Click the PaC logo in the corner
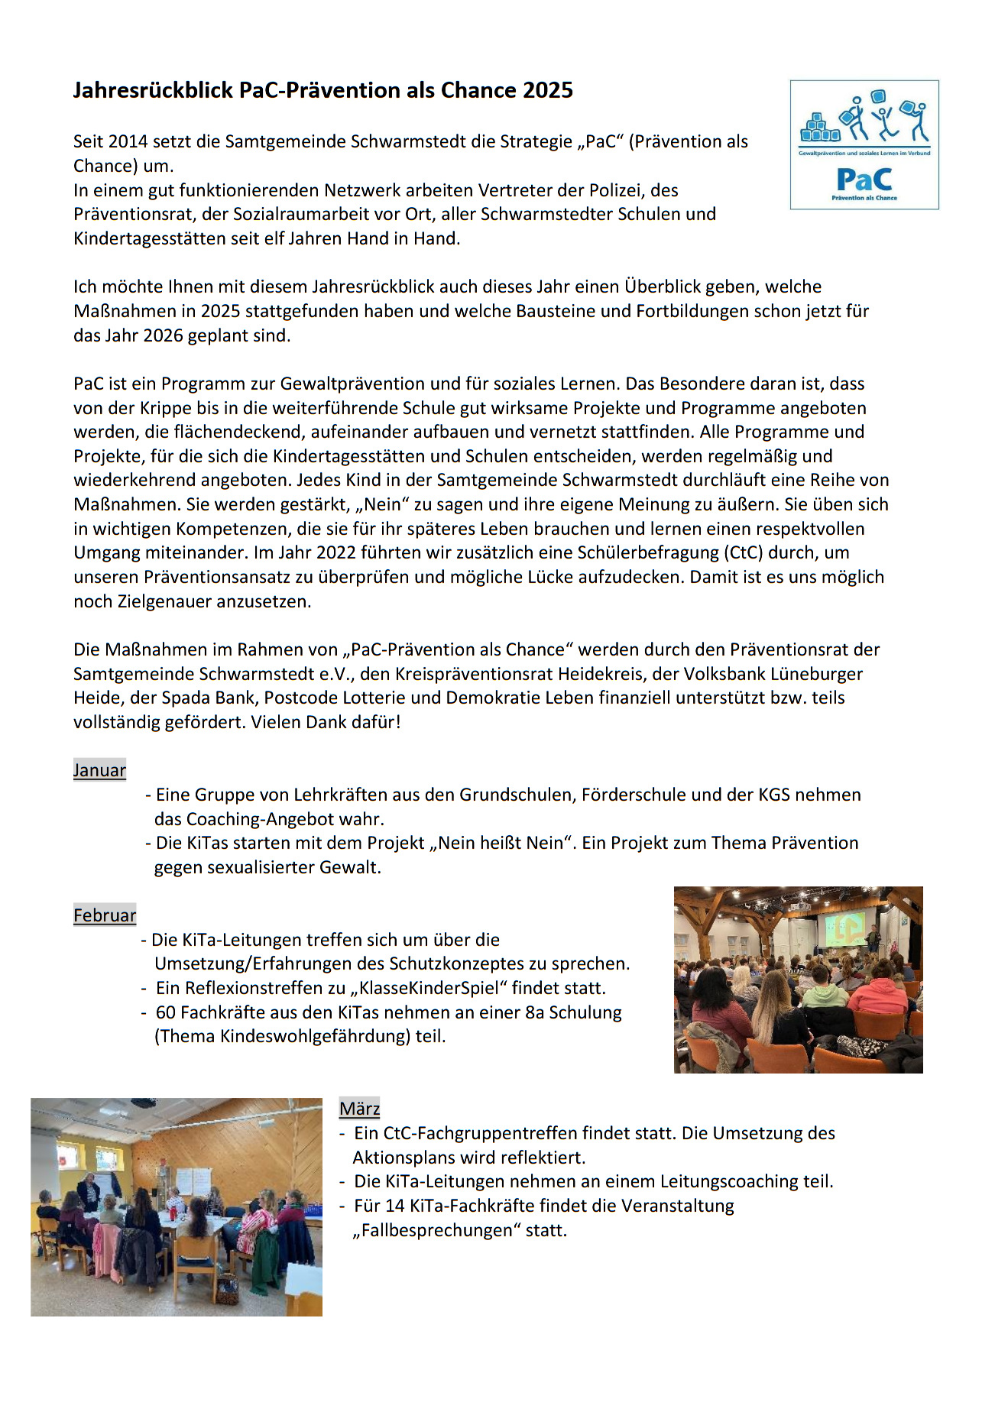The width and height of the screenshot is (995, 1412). click(864, 144)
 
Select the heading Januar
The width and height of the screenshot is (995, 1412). click(99, 770)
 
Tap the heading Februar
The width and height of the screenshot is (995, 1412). click(105, 915)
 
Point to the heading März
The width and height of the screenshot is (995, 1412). click(359, 1109)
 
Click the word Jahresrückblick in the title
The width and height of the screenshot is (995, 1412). click(153, 90)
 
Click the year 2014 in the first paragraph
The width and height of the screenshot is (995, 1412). click(128, 141)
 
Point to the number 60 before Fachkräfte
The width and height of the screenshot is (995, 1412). click(165, 1012)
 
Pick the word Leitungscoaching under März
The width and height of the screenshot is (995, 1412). click(717, 1181)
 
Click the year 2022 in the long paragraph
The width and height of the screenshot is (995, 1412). click(336, 552)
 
